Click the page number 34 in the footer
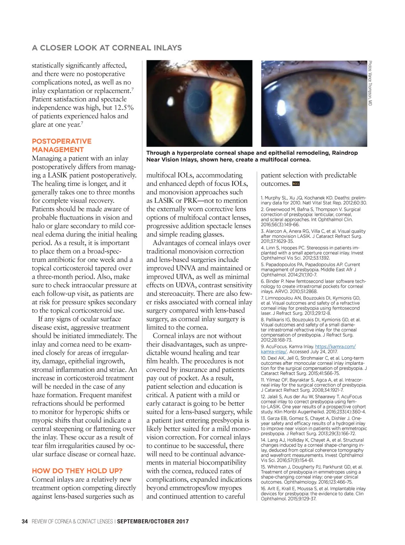[24, 521]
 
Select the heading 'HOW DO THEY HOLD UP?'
[77, 471]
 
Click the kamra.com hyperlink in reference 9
[335, 347]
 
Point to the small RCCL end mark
[296, 184]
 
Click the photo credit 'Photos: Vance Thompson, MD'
[370, 83]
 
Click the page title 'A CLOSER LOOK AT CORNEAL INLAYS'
[107, 48]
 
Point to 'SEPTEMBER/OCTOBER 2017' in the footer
[153, 521]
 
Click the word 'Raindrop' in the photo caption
[345, 153]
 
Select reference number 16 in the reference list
[263, 489]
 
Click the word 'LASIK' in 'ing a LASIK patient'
[59, 175]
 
